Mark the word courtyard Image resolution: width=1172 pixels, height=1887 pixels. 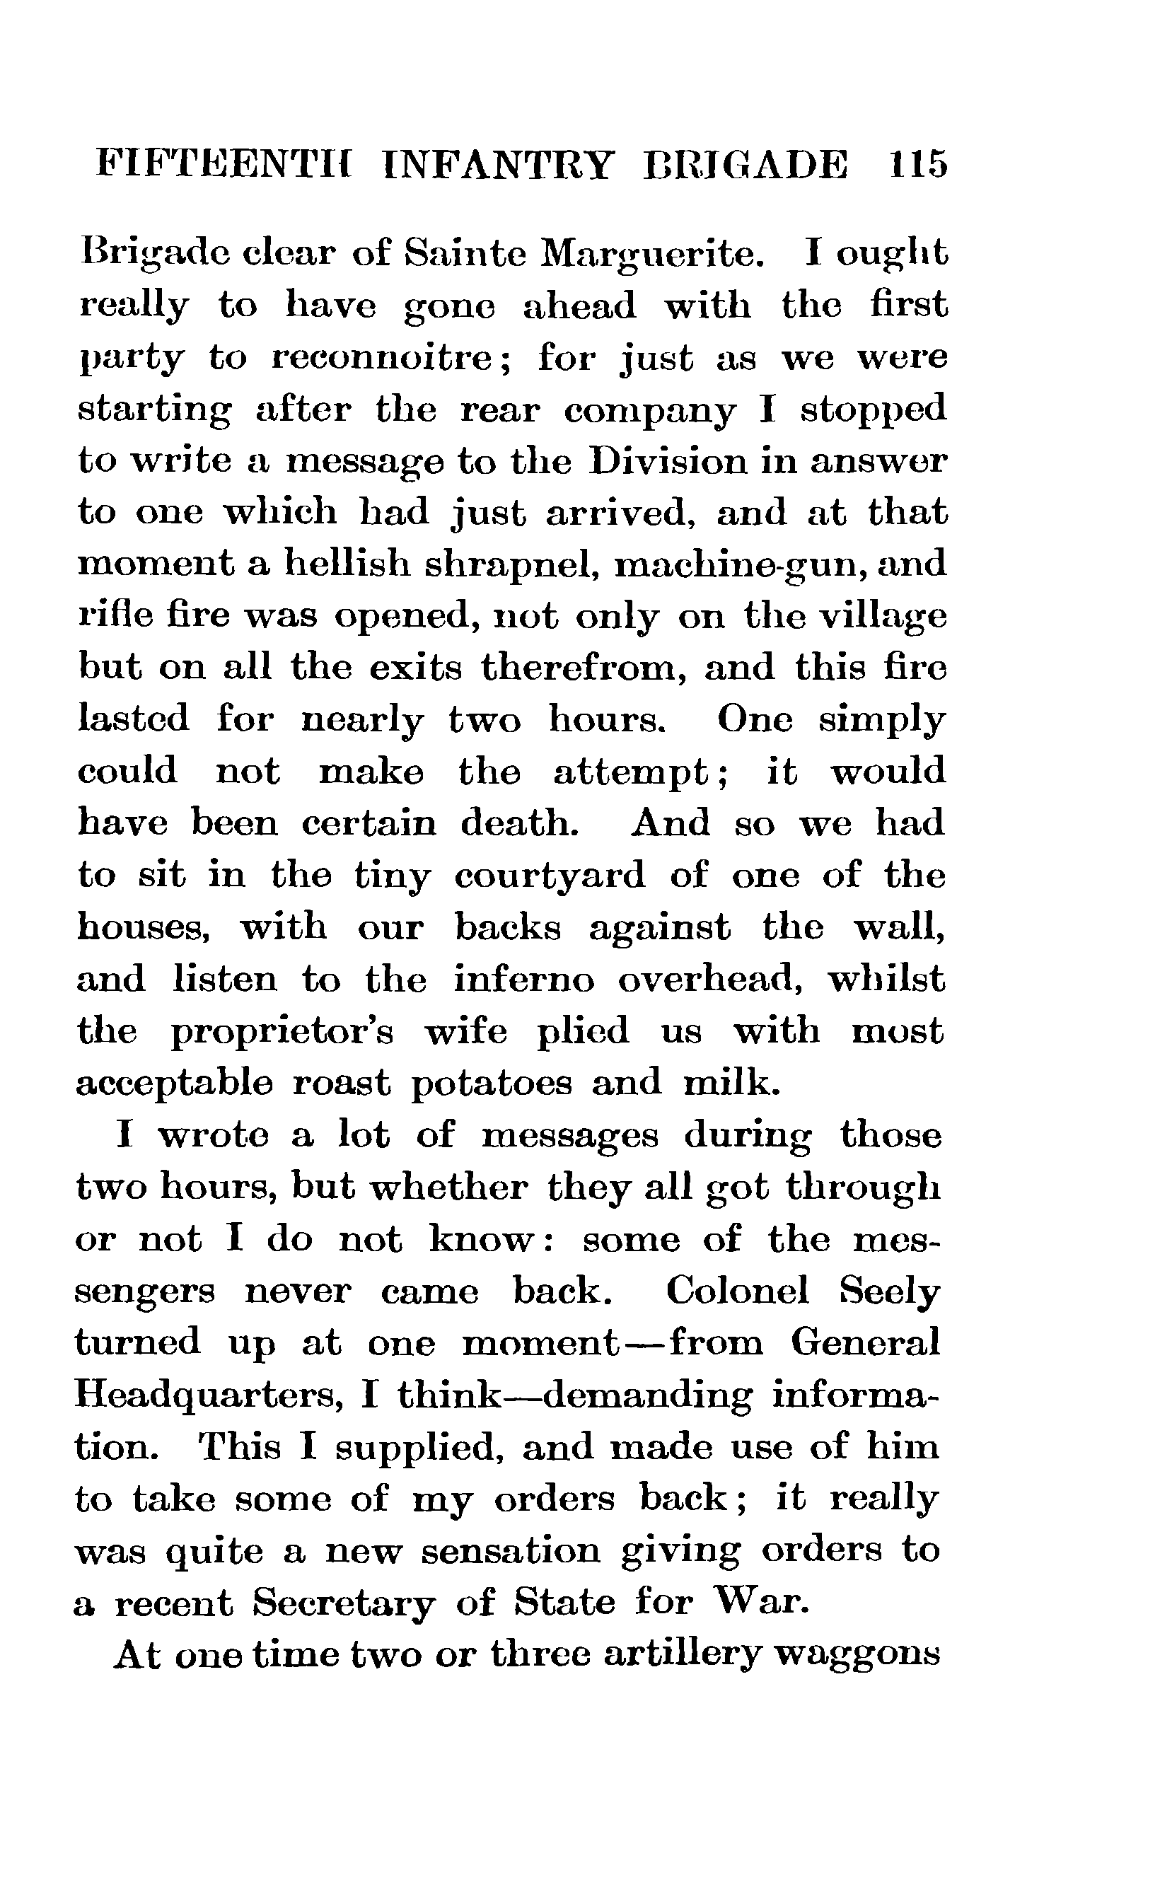click(x=550, y=876)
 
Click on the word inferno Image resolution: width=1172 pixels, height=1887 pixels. click(x=524, y=980)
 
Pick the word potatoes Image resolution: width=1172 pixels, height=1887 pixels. click(x=491, y=1084)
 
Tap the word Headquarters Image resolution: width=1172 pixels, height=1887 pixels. click(x=209, y=1395)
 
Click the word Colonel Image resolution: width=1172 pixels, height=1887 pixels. click(x=736, y=1291)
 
